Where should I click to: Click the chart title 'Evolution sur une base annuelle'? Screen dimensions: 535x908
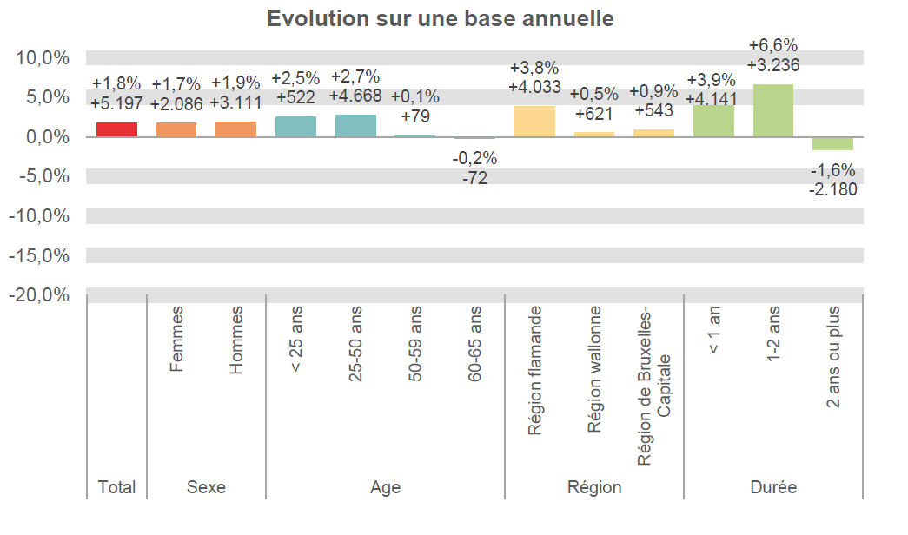click(x=441, y=19)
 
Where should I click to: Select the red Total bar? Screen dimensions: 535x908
click(x=116, y=129)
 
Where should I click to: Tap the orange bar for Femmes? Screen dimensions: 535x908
click(x=176, y=129)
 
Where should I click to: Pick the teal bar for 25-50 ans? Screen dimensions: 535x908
click(x=355, y=126)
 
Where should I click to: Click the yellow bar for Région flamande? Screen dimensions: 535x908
click(x=534, y=122)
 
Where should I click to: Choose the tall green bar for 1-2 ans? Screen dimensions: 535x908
click(x=773, y=110)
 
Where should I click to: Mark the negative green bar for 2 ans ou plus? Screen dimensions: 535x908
click(x=832, y=143)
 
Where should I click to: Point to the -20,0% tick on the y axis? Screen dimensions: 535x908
click(x=39, y=295)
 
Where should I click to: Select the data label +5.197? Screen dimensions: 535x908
click(x=116, y=104)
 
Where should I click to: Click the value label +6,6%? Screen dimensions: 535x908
click(x=773, y=45)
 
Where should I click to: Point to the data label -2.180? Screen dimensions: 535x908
click(x=832, y=188)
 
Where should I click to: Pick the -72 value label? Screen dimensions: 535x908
click(x=474, y=178)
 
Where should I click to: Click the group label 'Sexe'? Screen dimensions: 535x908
click(x=206, y=487)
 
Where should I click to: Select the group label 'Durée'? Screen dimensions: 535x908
click(x=773, y=487)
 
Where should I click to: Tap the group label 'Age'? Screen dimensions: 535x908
click(x=385, y=487)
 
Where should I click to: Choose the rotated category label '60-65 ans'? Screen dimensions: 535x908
click(x=474, y=344)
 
